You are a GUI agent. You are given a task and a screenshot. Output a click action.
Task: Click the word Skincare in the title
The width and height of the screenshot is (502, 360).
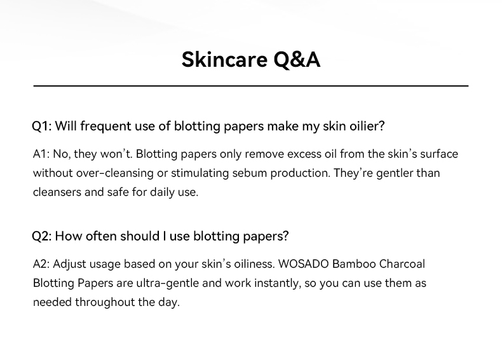click(224, 59)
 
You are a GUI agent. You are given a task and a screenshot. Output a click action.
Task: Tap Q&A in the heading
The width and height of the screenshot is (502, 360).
click(297, 60)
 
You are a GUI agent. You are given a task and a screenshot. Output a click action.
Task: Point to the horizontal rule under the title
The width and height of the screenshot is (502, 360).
click(251, 86)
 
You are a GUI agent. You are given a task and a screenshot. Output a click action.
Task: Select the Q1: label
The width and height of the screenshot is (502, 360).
click(41, 126)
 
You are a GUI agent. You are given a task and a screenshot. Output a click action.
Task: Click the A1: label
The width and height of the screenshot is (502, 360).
click(41, 154)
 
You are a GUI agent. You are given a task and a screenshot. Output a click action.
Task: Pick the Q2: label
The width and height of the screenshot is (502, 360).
click(41, 236)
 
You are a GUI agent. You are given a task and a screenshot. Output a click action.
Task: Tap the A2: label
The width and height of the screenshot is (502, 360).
click(41, 264)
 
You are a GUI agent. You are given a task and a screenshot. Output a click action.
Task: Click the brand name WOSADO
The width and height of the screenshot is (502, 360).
click(304, 264)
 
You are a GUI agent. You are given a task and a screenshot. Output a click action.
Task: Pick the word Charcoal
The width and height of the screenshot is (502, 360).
click(402, 264)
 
